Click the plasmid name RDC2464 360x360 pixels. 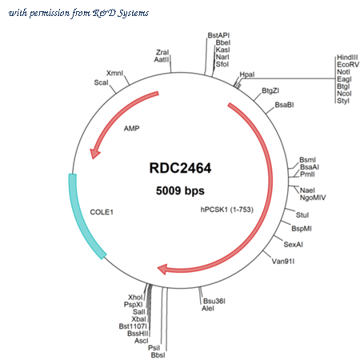point(180,168)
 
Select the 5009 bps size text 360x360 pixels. point(180,190)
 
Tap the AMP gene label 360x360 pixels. point(131,129)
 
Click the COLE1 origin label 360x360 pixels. point(102,212)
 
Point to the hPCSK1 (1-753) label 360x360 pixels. point(227,210)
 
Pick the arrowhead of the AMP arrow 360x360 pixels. point(94,153)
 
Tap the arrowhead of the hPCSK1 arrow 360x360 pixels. point(162,269)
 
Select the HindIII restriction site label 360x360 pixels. point(347,58)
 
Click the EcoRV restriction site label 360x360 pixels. point(348,65)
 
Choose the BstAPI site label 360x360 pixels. point(218,35)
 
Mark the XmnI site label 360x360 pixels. point(114,73)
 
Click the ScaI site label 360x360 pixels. point(101,82)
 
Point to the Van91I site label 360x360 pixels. point(283,262)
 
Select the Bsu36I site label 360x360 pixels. point(214,301)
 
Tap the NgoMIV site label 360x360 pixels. point(313,198)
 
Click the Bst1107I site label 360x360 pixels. point(133,326)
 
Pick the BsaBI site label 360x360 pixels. point(284,105)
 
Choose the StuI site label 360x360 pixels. point(302,215)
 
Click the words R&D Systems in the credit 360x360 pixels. point(121,13)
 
